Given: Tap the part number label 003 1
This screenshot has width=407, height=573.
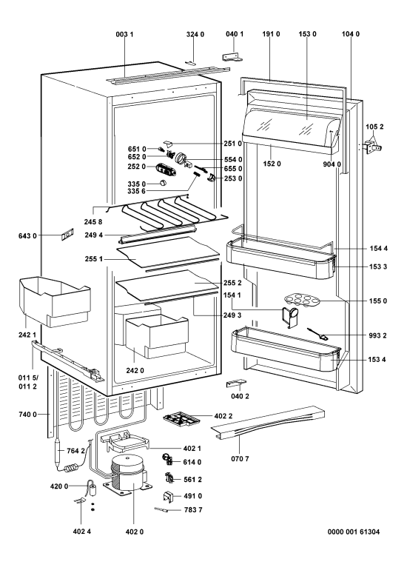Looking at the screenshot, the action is point(124,34).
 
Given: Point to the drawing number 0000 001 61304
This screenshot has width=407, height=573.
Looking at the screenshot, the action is point(354,532).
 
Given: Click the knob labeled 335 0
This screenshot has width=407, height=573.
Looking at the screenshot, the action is point(163,183).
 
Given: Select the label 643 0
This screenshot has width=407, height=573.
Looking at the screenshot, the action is point(27,236).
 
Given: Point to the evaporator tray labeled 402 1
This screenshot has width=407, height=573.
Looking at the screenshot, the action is point(126,442).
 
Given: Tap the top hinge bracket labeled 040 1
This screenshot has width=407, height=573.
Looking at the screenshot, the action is point(232,56).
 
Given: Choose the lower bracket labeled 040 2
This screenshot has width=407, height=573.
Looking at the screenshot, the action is point(235,383).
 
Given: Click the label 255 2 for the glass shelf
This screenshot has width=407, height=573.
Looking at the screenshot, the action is point(232,283).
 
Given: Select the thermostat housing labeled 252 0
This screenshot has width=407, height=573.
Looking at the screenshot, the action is point(165,170).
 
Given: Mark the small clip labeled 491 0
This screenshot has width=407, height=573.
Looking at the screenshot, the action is point(167,496).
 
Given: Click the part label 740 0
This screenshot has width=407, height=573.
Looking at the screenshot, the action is point(27,415).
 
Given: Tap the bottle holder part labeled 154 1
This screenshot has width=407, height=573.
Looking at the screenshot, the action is point(289,316).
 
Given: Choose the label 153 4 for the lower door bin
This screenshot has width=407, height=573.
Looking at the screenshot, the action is point(377,360).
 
